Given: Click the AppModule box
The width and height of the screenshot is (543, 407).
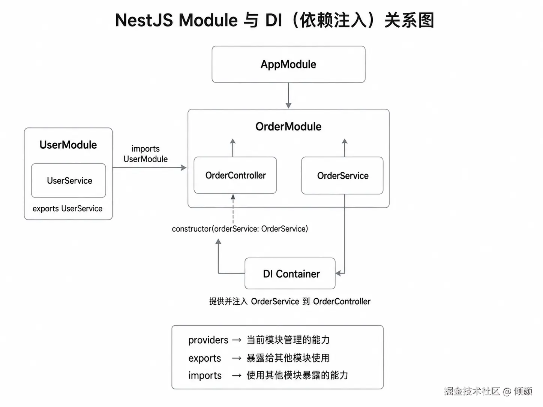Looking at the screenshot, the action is click(x=288, y=64).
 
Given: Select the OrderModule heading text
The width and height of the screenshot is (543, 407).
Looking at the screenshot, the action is click(x=288, y=127).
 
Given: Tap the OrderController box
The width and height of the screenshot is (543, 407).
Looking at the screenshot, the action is click(x=235, y=175).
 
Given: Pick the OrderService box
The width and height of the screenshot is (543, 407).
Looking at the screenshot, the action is click(x=342, y=176).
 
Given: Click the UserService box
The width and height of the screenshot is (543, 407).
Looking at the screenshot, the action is click(x=69, y=181).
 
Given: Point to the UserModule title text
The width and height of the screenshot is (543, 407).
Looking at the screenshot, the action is click(x=68, y=145).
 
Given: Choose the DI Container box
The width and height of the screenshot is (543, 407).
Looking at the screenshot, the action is click(x=290, y=274).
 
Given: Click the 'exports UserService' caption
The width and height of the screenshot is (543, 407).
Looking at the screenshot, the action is click(x=67, y=209).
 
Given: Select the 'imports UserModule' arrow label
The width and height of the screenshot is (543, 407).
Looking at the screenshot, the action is click(x=145, y=154).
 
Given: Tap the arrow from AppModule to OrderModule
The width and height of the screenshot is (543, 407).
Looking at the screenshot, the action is click(x=288, y=96).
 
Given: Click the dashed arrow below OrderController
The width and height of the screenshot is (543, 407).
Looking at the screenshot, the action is click(x=233, y=209).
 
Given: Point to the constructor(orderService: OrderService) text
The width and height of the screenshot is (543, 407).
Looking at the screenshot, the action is click(x=240, y=229).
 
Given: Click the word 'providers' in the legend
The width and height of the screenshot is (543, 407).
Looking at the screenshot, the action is click(x=208, y=340).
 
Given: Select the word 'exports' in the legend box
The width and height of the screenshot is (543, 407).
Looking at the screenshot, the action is click(x=205, y=358).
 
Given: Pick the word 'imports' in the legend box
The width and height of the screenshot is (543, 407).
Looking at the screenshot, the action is click(x=205, y=376).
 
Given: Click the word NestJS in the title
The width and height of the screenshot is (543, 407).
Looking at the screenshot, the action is click(x=144, y=20).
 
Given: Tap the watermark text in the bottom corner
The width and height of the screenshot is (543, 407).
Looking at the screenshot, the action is click(x=488, y=391).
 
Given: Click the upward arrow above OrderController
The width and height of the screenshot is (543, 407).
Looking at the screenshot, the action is click(x=233, y=148).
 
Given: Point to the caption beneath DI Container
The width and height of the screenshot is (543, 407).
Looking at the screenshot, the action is click(x=289, y=301).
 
